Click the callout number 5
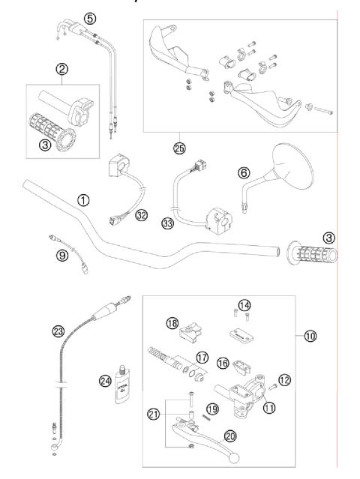tap(90, 17)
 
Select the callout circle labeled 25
tap(178, 148)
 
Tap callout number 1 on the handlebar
tap(83, 200)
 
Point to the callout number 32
tap(140, 215)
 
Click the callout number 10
tap(310, 337)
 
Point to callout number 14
tap(242, 304)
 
